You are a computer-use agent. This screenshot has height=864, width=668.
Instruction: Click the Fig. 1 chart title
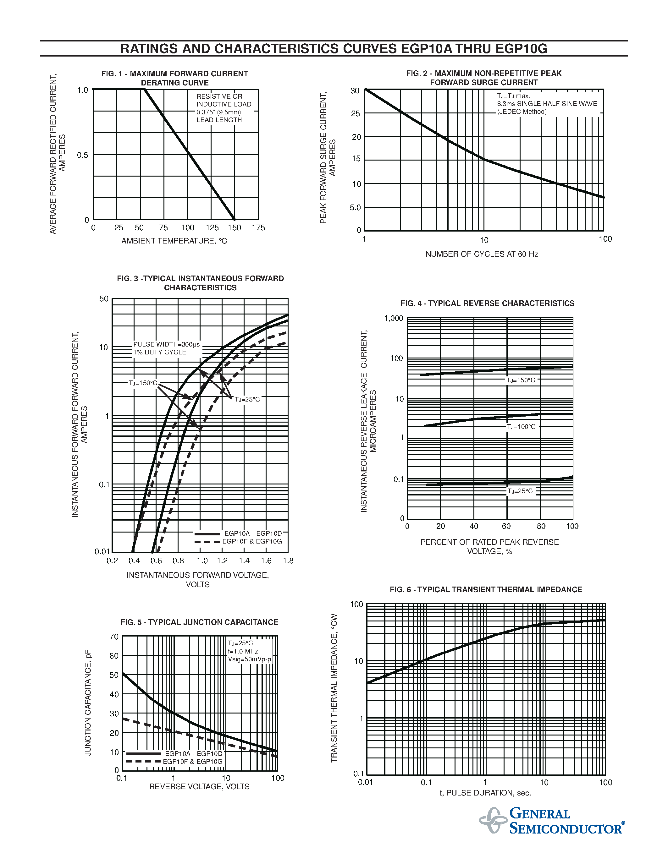pos(174,78)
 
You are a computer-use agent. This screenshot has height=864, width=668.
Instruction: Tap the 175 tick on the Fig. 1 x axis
pos(258,228)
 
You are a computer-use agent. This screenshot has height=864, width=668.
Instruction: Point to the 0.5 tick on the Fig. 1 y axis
pos(82,155)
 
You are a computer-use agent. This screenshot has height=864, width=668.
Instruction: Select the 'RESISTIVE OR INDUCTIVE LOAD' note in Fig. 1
pos(224,101)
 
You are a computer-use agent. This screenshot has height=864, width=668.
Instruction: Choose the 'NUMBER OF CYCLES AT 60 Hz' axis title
pos(482,254)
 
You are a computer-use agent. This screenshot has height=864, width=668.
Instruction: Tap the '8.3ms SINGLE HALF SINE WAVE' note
pos(547,104)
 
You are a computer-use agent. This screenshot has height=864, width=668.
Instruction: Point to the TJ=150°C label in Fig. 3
pos(143,383)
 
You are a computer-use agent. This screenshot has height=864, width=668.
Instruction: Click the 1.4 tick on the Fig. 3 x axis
pos(244,561)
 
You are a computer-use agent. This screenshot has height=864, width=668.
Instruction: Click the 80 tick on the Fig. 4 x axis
pos(541,526)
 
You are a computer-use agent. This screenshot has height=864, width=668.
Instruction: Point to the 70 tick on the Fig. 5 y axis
pos(114,637)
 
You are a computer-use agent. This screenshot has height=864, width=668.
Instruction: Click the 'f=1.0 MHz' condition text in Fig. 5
pos(243,651)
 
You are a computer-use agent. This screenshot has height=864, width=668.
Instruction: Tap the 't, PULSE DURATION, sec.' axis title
pos(485,793)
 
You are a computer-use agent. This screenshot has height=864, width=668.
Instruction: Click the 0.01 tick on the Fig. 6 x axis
pos(365,782)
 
